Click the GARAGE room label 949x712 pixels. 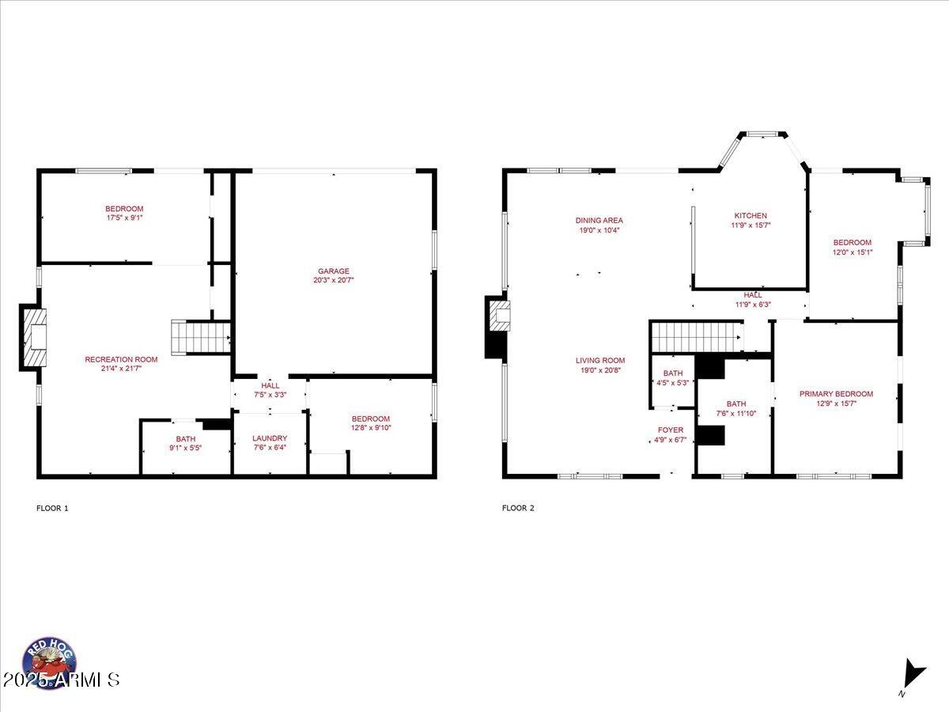click(x=334, y=271)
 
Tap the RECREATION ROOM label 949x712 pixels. click(x=121, y=359)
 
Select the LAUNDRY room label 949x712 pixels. click(x=270, y=438)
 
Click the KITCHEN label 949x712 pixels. click(x=751, y=216)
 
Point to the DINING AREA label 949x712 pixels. click(x=599, y=221)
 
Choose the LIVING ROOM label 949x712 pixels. click(x=600, y=361)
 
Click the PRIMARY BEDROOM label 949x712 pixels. click(x=836, y=394)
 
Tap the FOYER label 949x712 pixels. click(x=671, y=430)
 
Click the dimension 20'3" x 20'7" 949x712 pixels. click(x=334, y=280)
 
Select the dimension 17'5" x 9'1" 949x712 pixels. click(x=124, y=218)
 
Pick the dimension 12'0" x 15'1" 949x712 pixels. click(x=852, y=252)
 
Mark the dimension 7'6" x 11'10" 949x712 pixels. click(x=736, y=413)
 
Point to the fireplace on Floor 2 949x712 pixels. click(x=499, y=316)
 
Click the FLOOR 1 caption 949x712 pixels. click(x=52, y=508)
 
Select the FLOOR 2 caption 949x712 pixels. click(x=518, y=508)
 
